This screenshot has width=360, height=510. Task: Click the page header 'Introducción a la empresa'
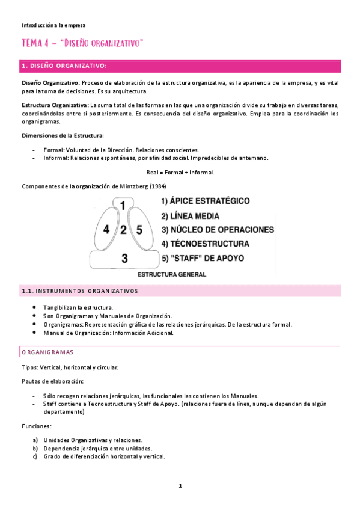pyautogui.click(x=53, y=25)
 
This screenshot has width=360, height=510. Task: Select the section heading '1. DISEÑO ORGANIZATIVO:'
pyautogui.click(x=64, y=66)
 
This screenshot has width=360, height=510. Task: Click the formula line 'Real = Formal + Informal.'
pyautogui.click(x=180, y=172)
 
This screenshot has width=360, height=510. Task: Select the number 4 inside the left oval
pyautogui.click(x=106, y=229)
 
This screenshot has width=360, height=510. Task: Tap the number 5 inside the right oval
pyautogui.click(x=139, y=229)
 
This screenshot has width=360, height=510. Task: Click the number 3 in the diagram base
pyautogui.click(x=124, y=259)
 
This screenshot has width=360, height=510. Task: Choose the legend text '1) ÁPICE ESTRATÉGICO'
pyautogui.click(x=205, y=200)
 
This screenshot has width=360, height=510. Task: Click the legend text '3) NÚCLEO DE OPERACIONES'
pyautogui.click(x=217, y=230)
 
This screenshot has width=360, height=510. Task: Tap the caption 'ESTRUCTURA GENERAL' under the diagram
pyautogui.click(x=172, y=274)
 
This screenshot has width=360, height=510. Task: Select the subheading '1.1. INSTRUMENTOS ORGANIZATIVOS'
pyautogui.click(x=79, y=291)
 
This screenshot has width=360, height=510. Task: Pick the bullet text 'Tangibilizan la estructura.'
pyautogui.click(x=78, y=307)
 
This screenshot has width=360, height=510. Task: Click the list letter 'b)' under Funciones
pyautogui.click(x=35, y=448)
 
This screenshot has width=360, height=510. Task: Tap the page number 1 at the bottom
pyautogui.click(x=180, y=486)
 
